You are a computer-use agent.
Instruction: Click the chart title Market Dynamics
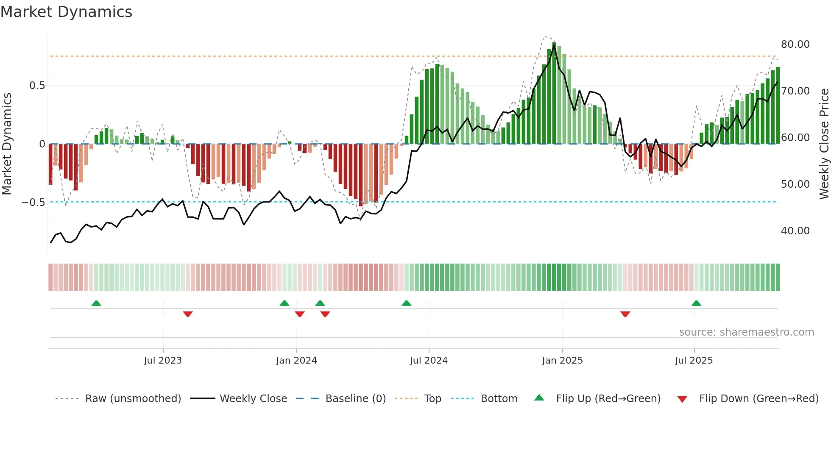[66, 12]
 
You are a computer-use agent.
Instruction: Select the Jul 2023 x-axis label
[163, 361]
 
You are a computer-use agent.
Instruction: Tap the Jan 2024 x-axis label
[296, 361]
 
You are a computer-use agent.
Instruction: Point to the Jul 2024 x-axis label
[429, 361]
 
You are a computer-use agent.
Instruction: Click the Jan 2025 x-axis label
[562, 361]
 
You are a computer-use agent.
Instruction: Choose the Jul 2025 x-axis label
[694, 361]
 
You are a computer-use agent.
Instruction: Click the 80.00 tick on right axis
[795, 44]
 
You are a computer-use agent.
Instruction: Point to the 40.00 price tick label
[795, 231]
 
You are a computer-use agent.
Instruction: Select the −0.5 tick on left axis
[33, 203]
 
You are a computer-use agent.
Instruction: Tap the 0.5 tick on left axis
[37, 86]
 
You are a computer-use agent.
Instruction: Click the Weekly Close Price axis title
[824, 144]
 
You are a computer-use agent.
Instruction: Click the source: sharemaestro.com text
[746, 332]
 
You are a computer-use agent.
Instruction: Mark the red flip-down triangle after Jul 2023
[188, 314]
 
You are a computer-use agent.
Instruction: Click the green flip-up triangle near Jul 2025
[696, 303]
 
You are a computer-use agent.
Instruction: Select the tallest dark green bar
[554, 93]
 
